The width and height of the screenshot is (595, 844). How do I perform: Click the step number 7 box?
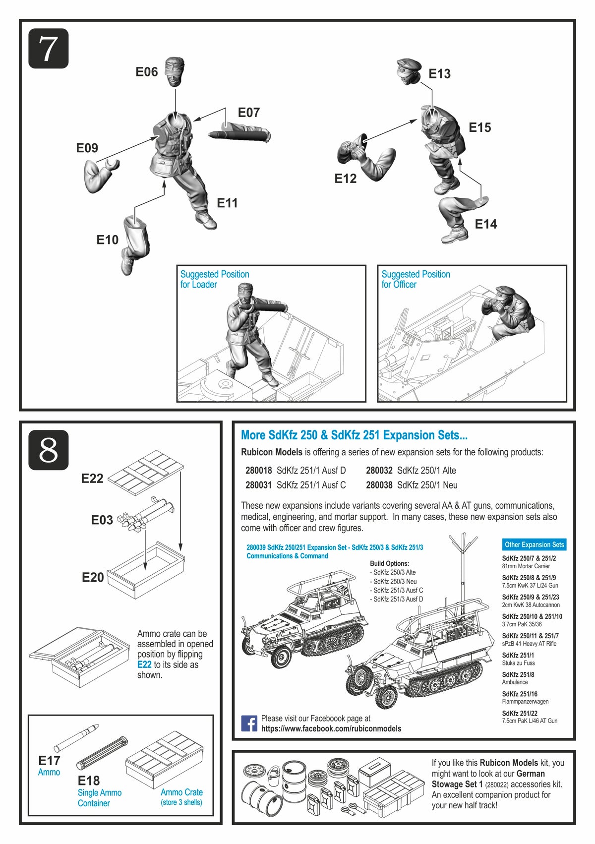(x=48, y=49)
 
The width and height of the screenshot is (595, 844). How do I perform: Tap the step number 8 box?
(x=48, y=450)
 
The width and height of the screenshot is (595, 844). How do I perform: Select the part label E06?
(x=147, y=72)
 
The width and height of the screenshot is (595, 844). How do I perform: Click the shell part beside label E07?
(x=239, y=134)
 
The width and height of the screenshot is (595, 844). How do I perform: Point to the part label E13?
(x=439, y=74)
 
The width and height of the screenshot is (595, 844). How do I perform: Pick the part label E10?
(x=108, y=240)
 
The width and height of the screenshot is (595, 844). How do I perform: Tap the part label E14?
(x=485, y=224)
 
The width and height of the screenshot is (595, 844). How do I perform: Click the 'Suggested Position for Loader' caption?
(x=214, y=279)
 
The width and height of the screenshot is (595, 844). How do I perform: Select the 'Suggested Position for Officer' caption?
(x=416, y=279)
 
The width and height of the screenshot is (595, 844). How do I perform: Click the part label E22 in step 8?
(x=92, y=479)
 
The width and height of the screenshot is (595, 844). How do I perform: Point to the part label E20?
(x=93, y=577)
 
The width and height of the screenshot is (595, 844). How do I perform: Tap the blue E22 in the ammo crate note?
(x=144, y=664)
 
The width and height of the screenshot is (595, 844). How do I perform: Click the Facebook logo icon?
(x=249, y=723)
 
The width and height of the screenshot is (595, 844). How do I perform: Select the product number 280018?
(x=258, y=471)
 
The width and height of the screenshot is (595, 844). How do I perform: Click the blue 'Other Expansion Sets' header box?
(x=534, y=544)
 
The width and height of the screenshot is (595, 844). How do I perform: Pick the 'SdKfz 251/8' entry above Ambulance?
(x=518, y=674)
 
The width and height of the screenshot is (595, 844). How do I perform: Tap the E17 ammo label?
(x=49, y=761)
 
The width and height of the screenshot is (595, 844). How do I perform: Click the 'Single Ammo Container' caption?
(x=99, y=798)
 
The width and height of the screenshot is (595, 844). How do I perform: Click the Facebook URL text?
(x=331, y=728)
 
